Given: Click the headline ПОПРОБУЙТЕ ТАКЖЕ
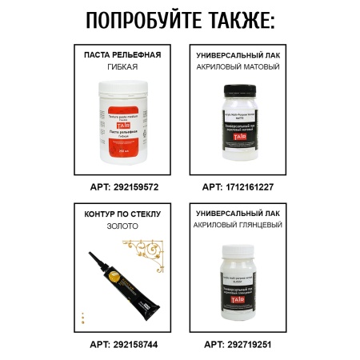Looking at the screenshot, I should pos(179,20).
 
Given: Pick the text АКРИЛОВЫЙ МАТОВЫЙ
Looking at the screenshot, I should pos(238,66).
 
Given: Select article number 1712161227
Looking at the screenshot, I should pos(238,186).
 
